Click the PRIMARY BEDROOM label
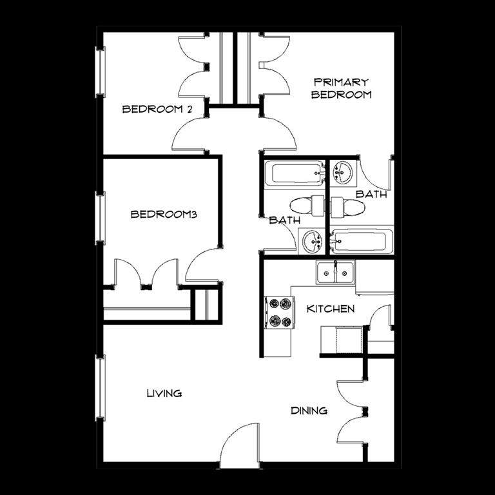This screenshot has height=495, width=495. point(341,89)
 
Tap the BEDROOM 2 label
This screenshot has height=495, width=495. point(157,109)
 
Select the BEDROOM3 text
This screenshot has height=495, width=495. point(164,215)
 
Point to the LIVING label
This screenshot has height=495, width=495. point(164,393)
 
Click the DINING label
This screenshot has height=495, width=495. point(309,411)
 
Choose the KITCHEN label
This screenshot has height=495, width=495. point(331,309)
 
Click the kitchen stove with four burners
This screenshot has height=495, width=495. point(280,313)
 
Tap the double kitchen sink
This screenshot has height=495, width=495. point(336,272)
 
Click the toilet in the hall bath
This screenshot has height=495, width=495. point(307,206)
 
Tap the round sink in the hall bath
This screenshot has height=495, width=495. point(311,242)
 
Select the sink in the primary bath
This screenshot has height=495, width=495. point(343,172)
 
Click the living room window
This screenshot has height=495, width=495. point(100,387)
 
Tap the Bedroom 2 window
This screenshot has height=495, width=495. point(100,72)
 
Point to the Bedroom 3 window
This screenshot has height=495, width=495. point(100,218)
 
